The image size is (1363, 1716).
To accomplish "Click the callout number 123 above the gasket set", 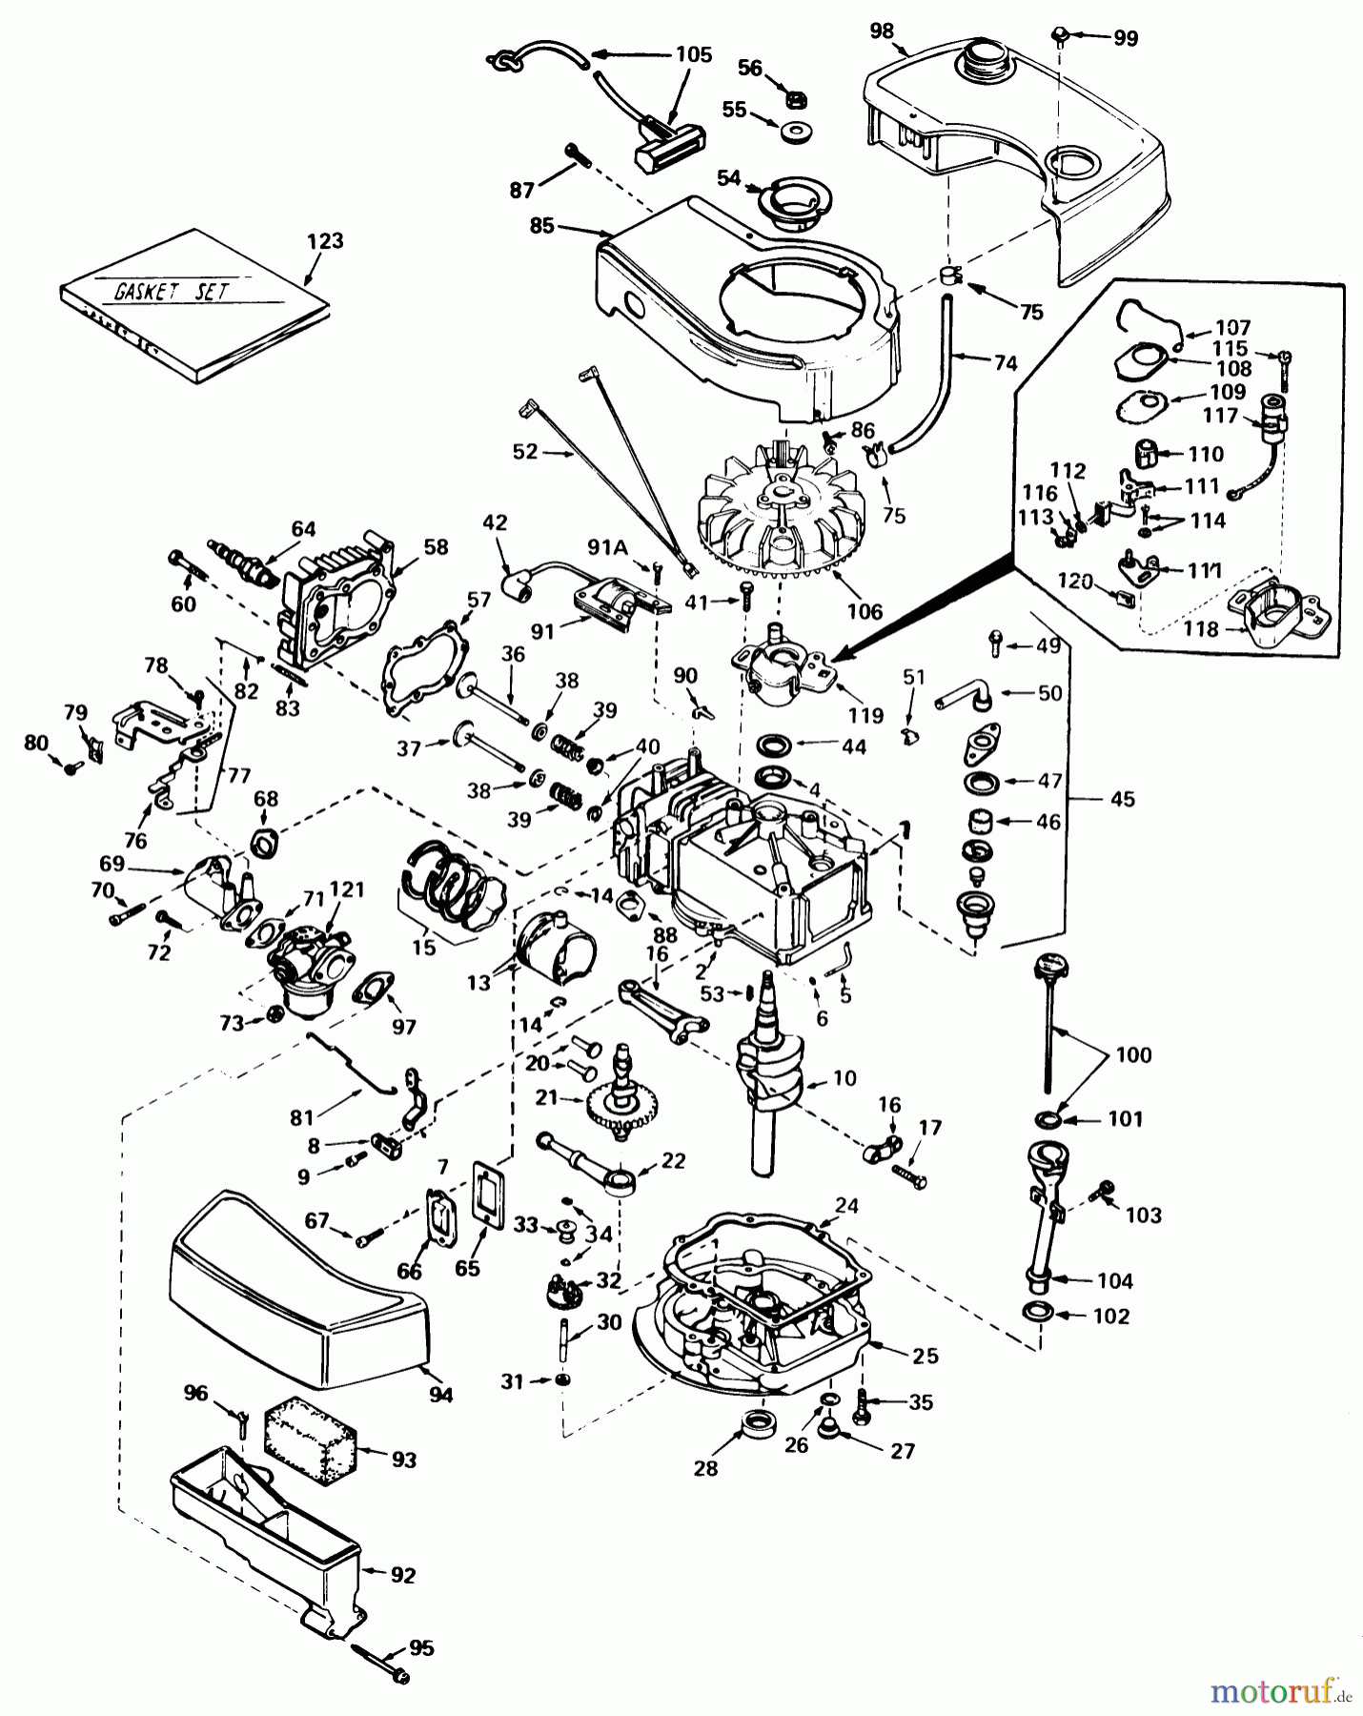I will tap(325, 241).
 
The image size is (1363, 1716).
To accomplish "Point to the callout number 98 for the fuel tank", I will tap(882, 31).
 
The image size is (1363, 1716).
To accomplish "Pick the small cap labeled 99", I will tap(1059, 36).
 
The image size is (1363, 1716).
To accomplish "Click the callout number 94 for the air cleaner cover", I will tap(440, 1396).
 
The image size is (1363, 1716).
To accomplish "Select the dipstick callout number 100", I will tap(1133, 1055).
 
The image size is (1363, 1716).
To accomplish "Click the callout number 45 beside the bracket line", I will tap(1122, 799).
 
